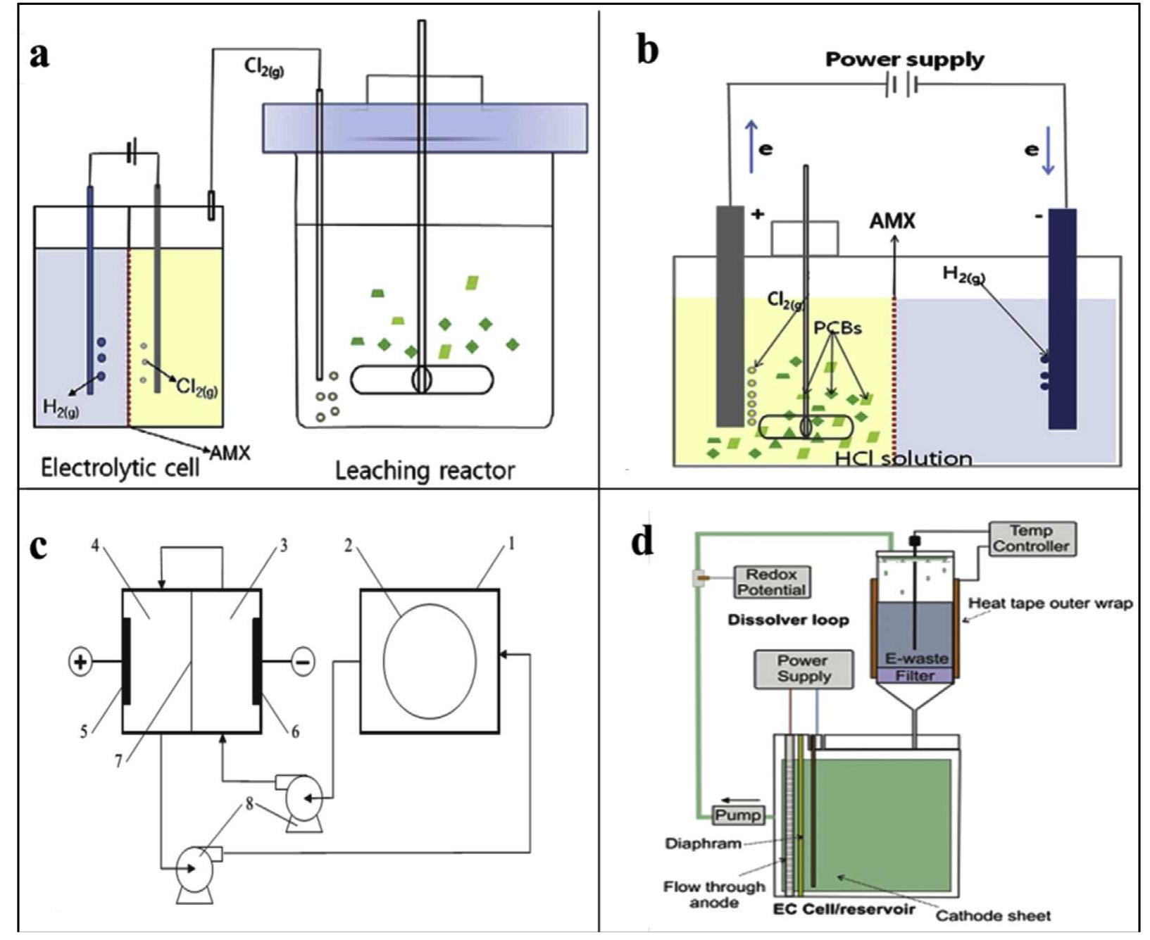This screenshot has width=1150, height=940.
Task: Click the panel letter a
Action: point(39,55)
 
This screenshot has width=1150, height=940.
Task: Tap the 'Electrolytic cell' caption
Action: point(120,468)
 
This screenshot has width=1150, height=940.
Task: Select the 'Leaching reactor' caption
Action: point(425,470)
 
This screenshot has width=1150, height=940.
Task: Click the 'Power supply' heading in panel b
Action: point(904,60)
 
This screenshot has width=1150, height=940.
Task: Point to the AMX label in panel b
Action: point(892,221)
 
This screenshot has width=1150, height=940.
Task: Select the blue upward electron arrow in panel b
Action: point(751,146)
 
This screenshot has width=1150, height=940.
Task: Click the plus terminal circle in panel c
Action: point(80,662)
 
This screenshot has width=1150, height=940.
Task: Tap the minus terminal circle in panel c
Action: point(303,662)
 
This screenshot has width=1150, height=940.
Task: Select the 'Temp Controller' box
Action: point(1031,539)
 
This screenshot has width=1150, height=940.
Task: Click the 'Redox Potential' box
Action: point(770,582)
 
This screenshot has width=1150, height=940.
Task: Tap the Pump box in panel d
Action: point(737,815)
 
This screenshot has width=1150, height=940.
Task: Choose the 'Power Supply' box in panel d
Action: point(803,669)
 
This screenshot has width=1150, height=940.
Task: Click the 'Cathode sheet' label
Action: point(992,916)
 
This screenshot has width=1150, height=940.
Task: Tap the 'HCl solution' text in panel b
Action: point(904,459)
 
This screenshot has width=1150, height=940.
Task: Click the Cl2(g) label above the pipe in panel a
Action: point(264,68)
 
